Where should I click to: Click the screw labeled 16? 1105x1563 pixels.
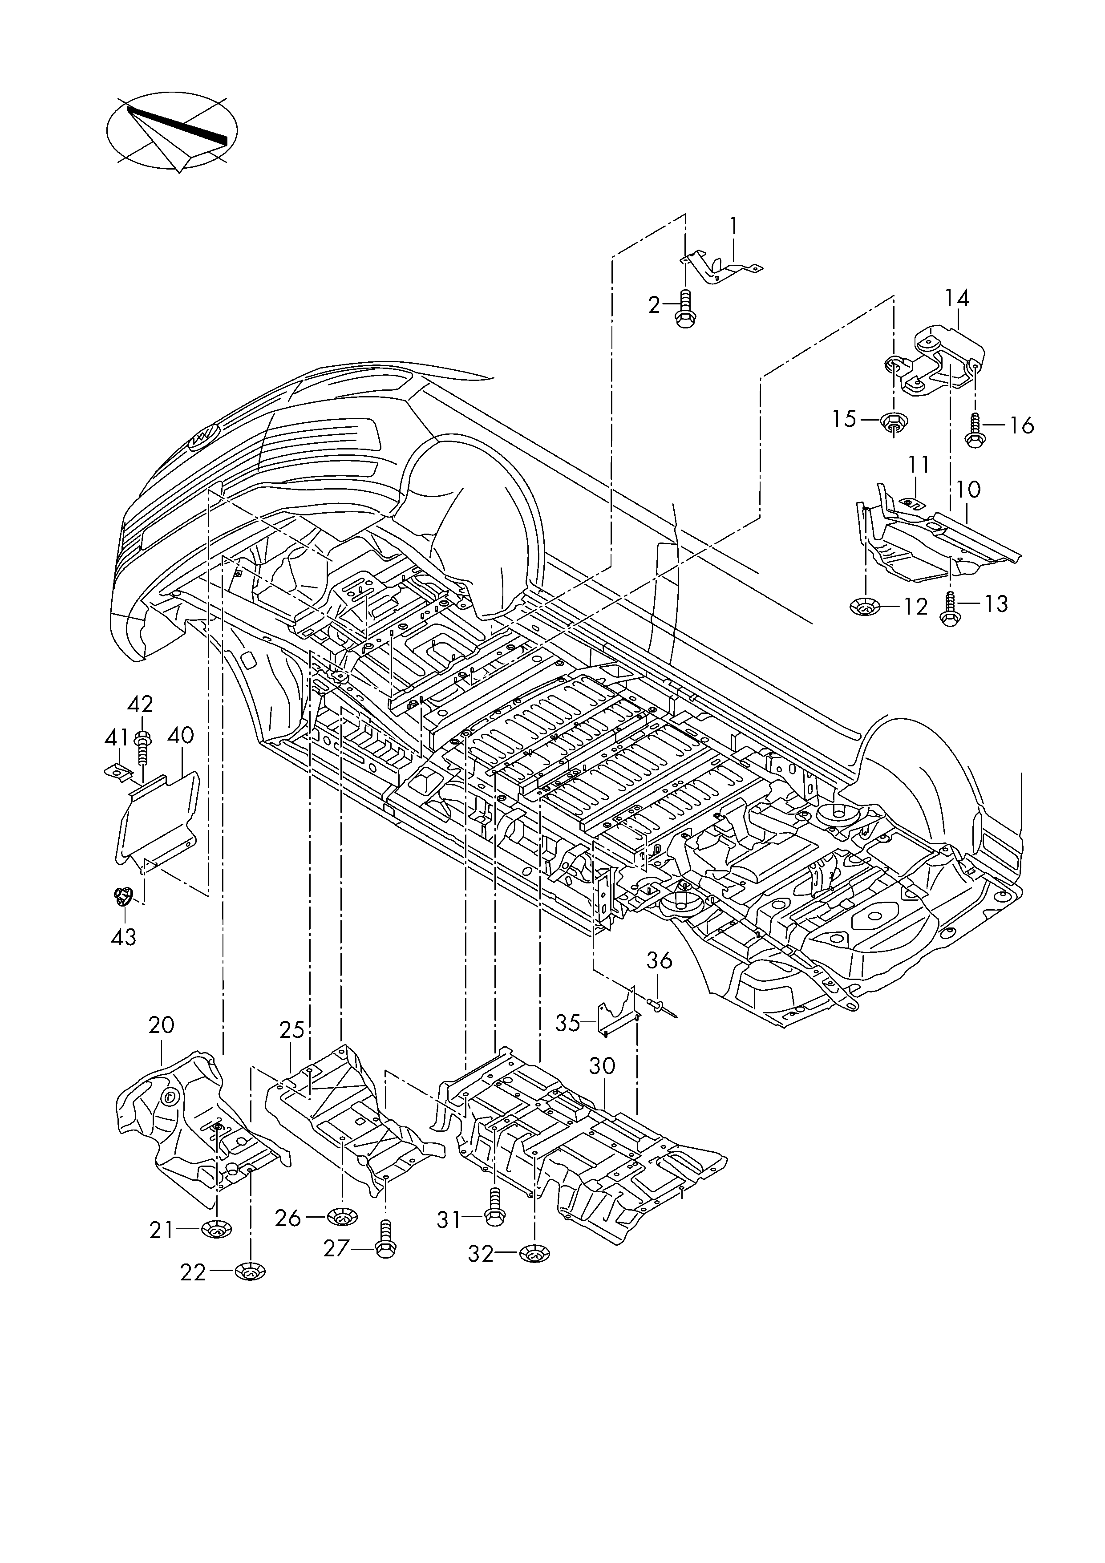(x=975, y=431)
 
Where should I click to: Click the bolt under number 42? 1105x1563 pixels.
(x=143, y=748)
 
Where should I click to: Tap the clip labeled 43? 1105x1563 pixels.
(x=122, y=897)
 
